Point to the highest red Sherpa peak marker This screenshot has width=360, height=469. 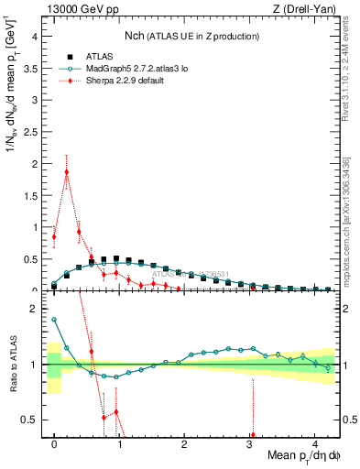pos(66,171)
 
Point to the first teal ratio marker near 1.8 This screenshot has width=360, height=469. pos(54,320)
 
